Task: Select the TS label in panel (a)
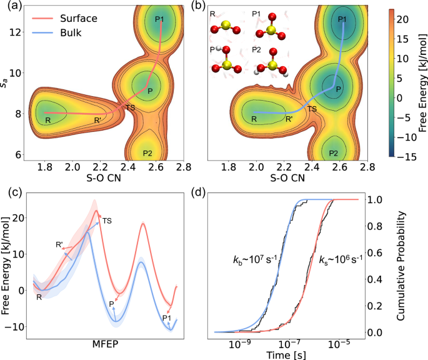click(x=130, y=107)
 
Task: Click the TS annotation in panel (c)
click(x=107, y=221)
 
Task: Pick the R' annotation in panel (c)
click(x=59, y=245)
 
